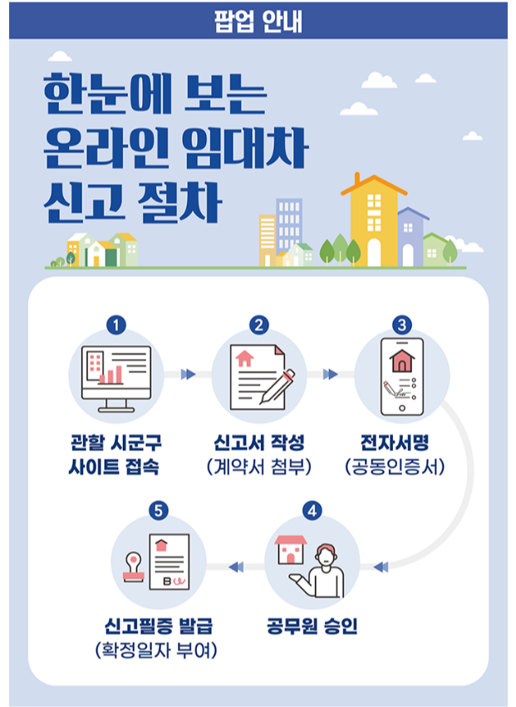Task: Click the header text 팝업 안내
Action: (x=257, y=19)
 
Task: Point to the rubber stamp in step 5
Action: (x=133, y=569)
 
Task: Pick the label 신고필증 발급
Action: (x=156, y=626)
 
